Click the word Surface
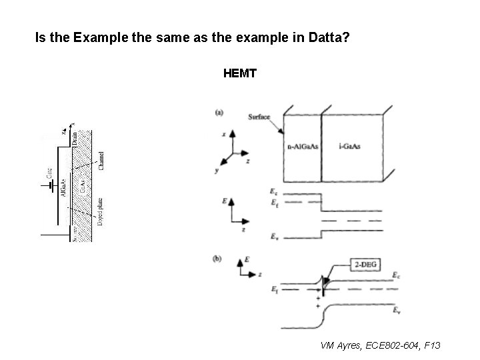259,117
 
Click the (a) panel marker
219,112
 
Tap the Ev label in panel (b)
397,310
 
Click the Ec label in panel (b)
397,274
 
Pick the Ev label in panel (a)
275,236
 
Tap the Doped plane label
100,212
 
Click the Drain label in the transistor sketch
75,138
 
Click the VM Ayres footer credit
380,345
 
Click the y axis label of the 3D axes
217,170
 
